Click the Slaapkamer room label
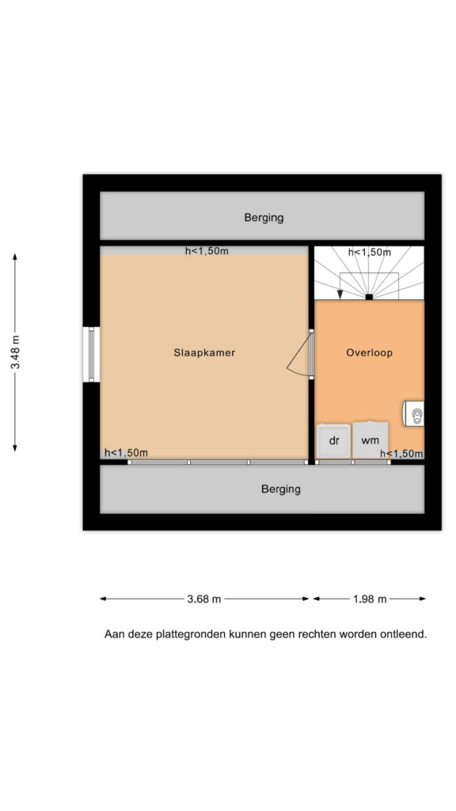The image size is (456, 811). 204,352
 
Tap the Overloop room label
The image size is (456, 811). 369,352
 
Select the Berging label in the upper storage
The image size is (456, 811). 264,218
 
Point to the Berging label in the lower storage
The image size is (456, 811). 281,489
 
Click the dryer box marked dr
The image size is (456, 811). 334,440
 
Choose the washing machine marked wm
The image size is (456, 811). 370,440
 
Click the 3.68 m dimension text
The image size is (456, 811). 203,599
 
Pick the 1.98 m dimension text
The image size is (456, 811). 370,599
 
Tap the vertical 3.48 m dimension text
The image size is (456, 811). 16,352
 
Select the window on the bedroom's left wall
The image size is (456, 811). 92,354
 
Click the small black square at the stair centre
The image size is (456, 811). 369,297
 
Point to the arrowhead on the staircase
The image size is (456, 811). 340,295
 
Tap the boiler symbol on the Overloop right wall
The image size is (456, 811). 414,413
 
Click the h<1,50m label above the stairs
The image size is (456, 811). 369,253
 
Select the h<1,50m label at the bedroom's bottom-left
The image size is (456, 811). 126,453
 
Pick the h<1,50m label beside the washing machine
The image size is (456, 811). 401,454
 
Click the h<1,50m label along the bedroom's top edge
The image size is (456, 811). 207,251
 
